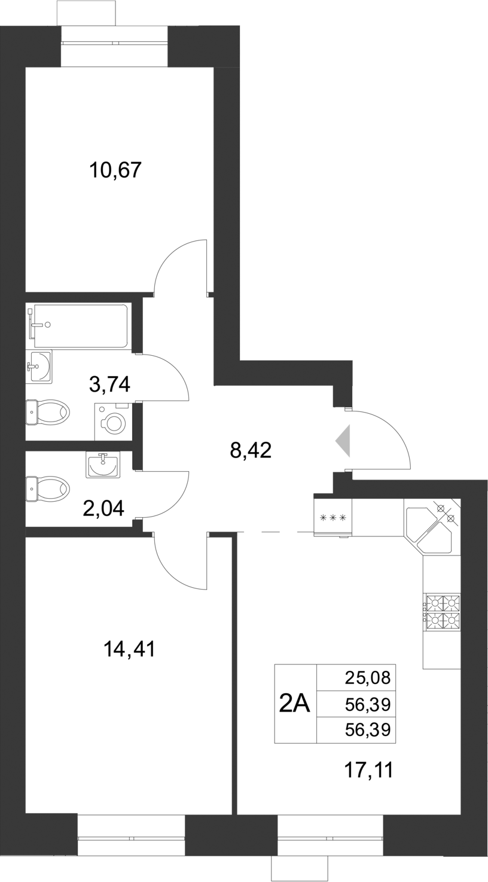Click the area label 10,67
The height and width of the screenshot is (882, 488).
coord(115,170)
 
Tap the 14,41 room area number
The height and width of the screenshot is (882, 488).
coord(129,648)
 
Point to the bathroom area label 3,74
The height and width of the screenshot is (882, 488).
coord(109,383)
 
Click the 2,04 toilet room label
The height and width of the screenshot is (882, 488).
coord(103,508)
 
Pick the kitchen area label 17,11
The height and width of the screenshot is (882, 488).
coord(369,770)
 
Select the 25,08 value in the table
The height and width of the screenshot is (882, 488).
coord(367,677)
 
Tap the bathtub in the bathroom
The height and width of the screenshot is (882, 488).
coord(81,326)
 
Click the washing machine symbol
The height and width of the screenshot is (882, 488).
coord(113,421)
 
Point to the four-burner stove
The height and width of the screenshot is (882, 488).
coord(443,612)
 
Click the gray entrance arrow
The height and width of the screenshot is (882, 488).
coord(343,441)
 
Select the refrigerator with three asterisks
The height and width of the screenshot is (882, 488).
coord(333,517)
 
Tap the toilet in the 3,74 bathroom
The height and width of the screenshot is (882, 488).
coord(48,412)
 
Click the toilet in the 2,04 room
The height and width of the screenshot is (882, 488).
coord(48,489)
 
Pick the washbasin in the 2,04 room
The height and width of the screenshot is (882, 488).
coord(103,465)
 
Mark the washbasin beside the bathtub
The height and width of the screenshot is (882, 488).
coord(39,366)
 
